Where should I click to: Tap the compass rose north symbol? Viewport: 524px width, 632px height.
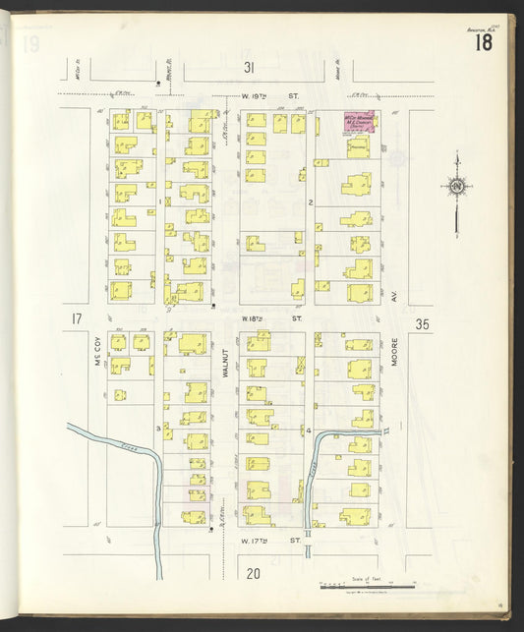(455, 186)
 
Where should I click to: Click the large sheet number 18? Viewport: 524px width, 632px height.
(484, 41)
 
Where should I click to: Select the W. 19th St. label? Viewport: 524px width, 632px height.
(269, 96)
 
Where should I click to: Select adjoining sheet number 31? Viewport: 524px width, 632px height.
(250, 67)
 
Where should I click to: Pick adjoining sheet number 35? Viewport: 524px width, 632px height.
(423, 323)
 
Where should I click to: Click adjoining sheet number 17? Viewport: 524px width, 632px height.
(76, 318)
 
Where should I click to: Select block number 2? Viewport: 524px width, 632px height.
(310, 202)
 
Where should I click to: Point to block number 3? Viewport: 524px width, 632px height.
(157, 429)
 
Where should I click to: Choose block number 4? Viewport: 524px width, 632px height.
(309, 431)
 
